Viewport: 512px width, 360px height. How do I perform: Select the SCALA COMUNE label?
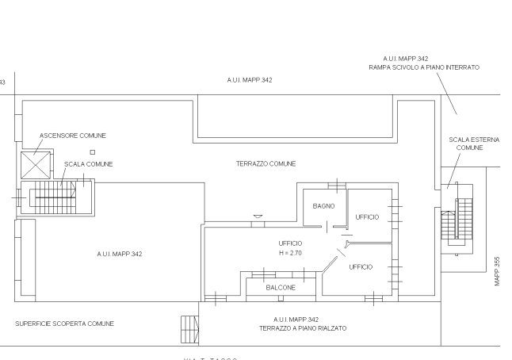(89, 164)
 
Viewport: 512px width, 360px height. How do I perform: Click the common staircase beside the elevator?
(59, 197)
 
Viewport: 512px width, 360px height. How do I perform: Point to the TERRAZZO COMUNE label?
(266, 164)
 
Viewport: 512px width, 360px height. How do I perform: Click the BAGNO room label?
(323, 206)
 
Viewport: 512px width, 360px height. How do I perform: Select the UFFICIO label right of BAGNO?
(367, 216)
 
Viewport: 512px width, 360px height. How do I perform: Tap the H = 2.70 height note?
(291, 252)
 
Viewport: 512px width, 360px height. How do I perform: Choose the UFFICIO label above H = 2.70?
(291, 243)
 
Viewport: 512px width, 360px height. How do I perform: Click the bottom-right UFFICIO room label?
(361, 267)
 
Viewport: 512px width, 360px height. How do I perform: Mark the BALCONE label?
(281, 287)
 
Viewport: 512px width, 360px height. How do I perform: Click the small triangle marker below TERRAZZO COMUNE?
(256, 216)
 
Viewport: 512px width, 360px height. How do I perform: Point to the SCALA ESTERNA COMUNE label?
(472, 144)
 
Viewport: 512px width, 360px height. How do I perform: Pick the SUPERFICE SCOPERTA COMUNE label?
(65, 324)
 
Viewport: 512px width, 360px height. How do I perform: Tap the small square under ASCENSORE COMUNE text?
(93, 151)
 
